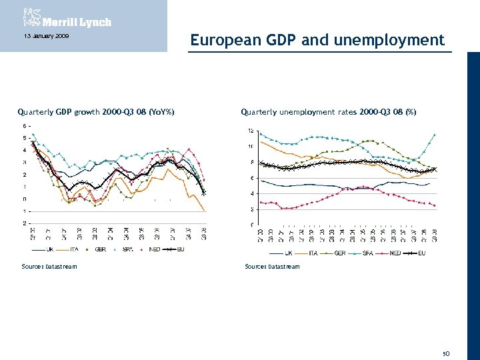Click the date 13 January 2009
pos(41,35)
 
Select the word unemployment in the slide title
pos(394,40)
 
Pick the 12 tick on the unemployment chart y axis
pos(250,130)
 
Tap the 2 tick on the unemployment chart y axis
pos(251,209)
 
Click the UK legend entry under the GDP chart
pos(50,249)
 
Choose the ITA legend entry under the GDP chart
pos(79,249)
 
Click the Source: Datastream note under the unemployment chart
pos(272,267)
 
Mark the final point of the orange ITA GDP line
pos(204,210)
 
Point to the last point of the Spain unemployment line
pos(435,135)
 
